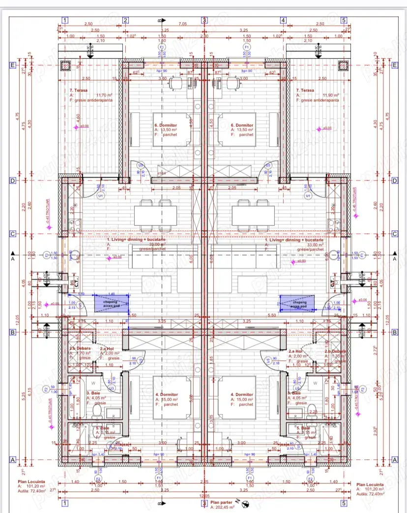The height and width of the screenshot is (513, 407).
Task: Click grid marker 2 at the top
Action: pyautogui.click(x=125, y=20)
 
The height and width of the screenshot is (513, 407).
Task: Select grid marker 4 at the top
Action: pyautogui.click(x=283, y=20)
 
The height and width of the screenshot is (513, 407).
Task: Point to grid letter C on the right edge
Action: pyautogui.click(x=395, y=234)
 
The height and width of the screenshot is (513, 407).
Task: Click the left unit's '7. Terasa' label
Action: pyautogui.click(x=79, y=91)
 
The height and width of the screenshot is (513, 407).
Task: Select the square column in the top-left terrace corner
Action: pyautogui.click(x=65, y=65)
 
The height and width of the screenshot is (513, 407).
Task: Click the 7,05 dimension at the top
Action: pyautogui.click(x=182, y=23)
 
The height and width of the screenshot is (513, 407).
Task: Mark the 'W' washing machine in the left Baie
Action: pyautogui.click(x=94, y=382)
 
